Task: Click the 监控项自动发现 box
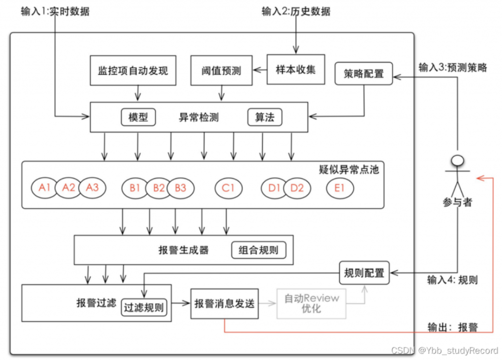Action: tap(133, 71)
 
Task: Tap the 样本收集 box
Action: tap(295, 69)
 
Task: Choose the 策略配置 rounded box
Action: tap(364, 74)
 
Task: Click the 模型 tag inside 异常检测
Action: tap(138, 118)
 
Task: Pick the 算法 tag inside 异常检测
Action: tap(265, 118)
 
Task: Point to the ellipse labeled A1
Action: tap(45, 188)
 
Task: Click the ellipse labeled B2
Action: tap(158, 188)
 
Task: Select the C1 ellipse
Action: tap(228, 188)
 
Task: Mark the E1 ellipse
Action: tap(340, 188)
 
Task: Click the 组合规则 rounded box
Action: tap(258, 250)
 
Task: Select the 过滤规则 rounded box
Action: tap(144, 308)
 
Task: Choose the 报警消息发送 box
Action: tap(224, 304)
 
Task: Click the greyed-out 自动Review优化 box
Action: tap(312, 304)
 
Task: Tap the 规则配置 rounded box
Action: tap(364, 273)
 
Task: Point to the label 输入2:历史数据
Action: tap(296, 11)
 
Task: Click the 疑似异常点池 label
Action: tap(349, 169)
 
